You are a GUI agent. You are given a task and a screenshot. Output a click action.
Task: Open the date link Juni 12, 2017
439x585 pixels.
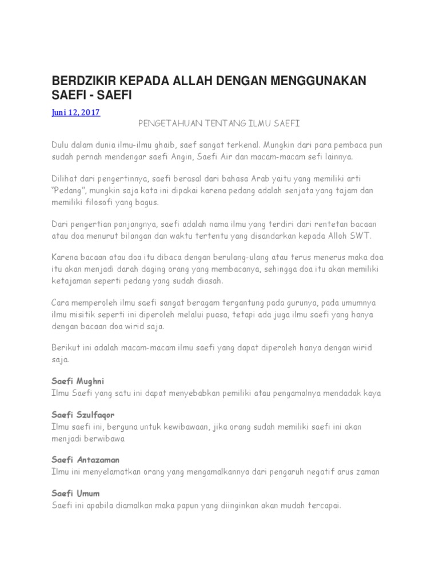[76, 113]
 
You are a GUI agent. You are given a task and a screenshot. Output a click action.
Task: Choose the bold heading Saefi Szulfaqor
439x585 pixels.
[83, 415]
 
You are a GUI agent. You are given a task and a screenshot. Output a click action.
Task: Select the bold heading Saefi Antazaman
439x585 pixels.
[85, 459]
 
